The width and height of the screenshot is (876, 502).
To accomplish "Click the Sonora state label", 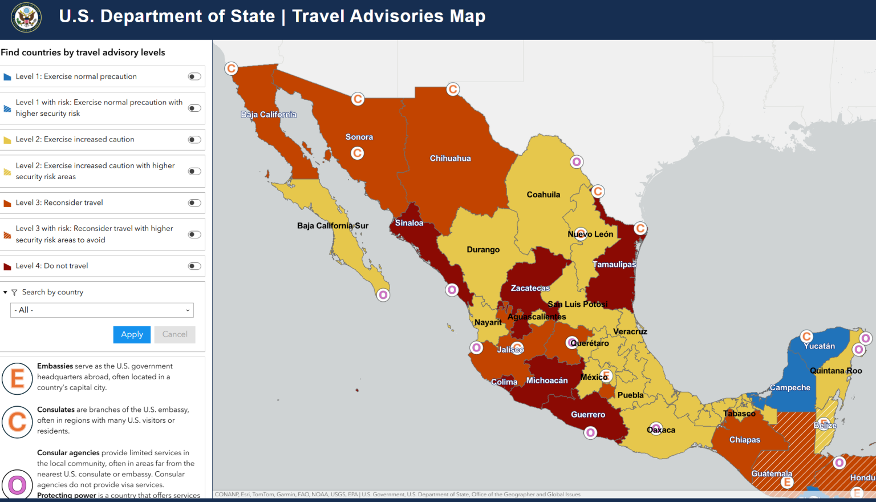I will click(x=359, y=137).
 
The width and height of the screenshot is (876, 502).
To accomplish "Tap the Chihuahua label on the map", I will click(x=450, y=159).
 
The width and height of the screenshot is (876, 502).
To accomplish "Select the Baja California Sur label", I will click(x=332, y=226).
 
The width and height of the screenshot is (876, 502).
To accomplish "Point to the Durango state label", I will click(x=483, y=250).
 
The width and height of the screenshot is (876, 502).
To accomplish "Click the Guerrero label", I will click(x=588, y=415).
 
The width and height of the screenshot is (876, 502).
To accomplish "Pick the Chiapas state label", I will click(x=745, y=440).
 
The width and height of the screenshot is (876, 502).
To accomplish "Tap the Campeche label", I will click(x=790, y=388).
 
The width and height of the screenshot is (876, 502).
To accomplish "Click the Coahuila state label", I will click(x=543, y=195).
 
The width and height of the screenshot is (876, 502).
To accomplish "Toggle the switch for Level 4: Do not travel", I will click(x=194, y=266).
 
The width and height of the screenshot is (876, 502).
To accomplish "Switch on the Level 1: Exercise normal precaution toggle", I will click(x=194, y=76).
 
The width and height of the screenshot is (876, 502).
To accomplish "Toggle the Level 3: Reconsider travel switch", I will click(x=194, y=203).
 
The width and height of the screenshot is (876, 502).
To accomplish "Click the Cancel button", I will click(x=175, y=334).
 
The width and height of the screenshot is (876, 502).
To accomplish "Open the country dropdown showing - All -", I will click(x=102, y=310).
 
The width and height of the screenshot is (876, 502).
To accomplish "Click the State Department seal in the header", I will click(x=26, y=17).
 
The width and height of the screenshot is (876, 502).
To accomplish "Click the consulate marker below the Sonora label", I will click(x=357, y=153).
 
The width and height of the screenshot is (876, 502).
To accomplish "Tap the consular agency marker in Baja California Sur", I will click(x=383, y=295).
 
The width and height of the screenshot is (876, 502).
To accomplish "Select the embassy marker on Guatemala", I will click(x=787, y=483).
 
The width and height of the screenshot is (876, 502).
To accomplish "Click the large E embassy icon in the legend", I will click(x=17, y=378).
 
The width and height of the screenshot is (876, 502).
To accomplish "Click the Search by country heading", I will click(x=52, y=292).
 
